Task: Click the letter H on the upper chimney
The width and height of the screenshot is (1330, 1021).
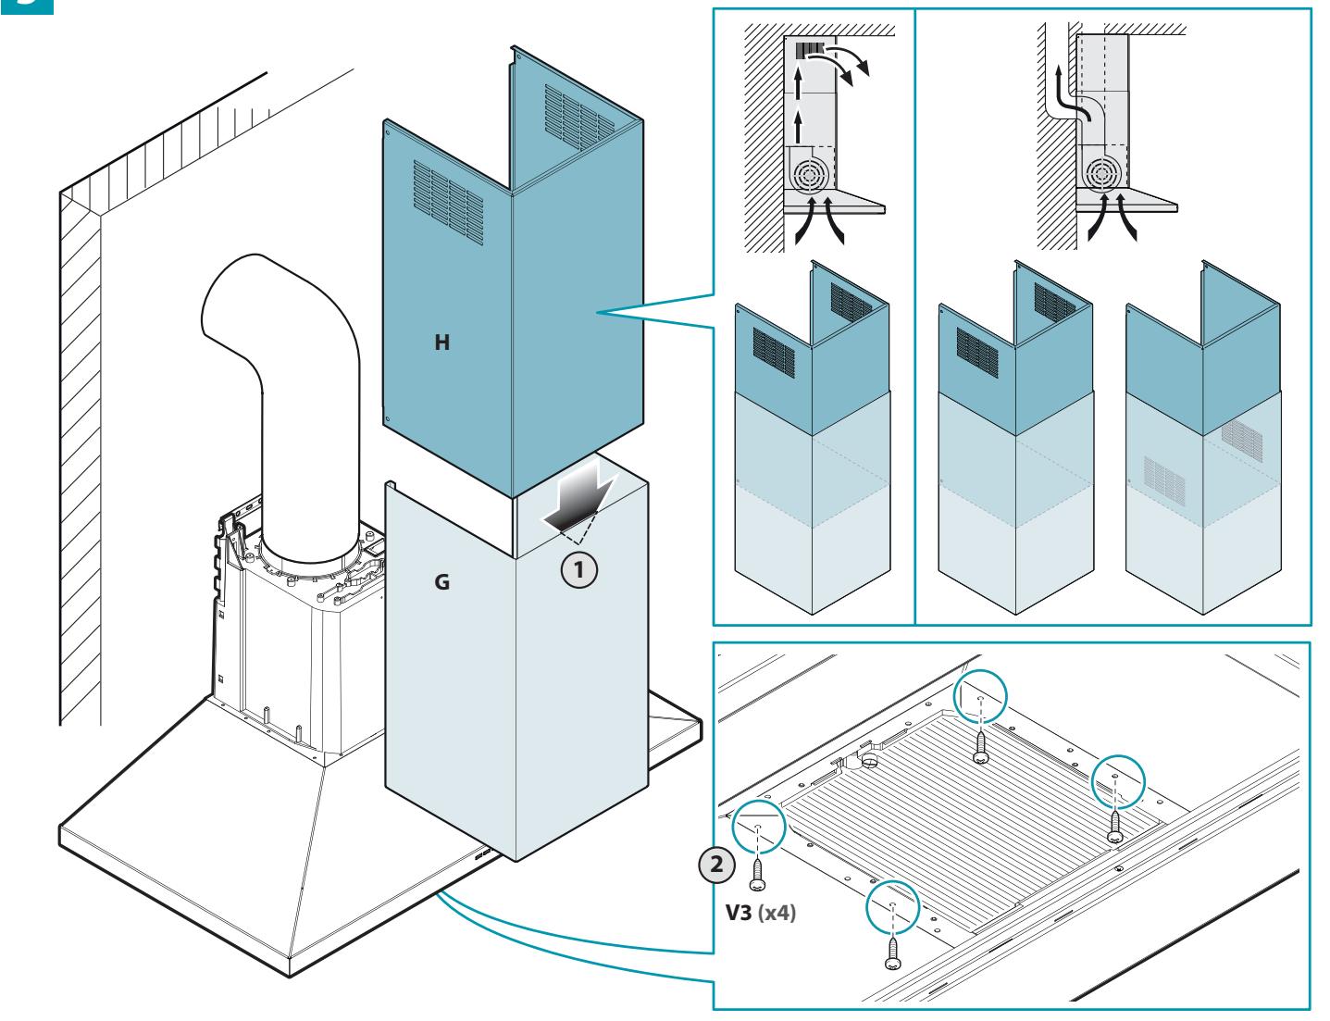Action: [x=442, y=342]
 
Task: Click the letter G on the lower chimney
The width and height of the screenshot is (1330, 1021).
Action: [x=441, y=581]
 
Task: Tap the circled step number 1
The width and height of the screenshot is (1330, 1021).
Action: [x=579, y=570]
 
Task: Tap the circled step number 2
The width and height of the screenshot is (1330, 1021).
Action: [x=716, y=865]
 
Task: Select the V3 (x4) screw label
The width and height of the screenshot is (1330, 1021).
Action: [x=761, y=913]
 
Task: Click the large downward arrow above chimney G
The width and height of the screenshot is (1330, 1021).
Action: [x=578, y=496]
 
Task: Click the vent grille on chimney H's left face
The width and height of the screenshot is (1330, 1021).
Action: [x=448, y=202]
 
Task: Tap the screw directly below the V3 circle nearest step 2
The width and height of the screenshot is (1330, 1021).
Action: [x=758, y=876]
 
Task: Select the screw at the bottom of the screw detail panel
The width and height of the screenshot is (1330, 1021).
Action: [x=892, y=953]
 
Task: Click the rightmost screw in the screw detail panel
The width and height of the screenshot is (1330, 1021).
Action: [x=1114, y=826]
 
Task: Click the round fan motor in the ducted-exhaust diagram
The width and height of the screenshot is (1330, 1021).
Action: [x=1102, y=175]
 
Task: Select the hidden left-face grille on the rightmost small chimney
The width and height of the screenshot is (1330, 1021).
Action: [x=1164, y=480]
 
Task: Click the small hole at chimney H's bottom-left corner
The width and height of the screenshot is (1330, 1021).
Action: [x=388, y=419]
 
